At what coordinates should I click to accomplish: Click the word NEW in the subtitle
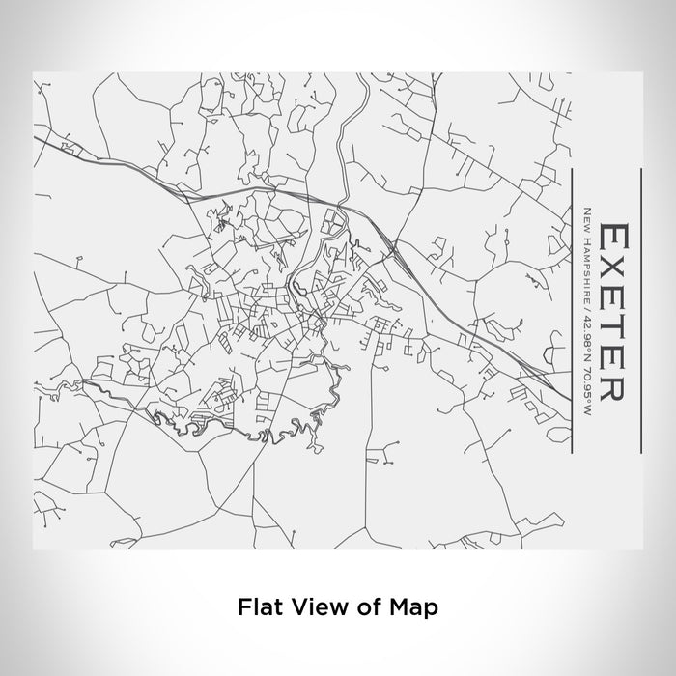pos(586,215)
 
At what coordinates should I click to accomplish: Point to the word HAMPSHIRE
pos(586,261)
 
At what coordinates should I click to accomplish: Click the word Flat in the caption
pos(255,607)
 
